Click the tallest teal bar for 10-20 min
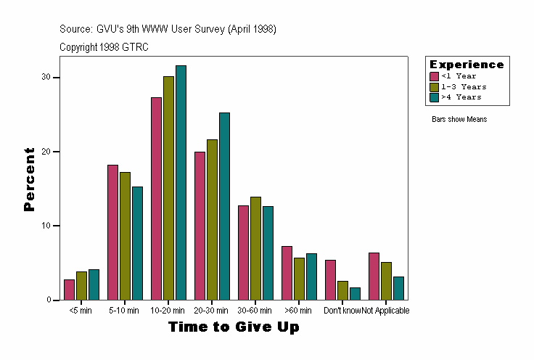(x=181, y=182)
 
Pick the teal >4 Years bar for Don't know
(x=355, y=294)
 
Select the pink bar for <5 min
(x=69, y=290)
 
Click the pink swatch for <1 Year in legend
(x=435, y=76)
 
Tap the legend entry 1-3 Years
(x=464, y=86)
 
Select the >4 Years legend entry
(x=461, y=97)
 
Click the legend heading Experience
(x=467, y=65)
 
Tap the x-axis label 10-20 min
(x=168, y=311)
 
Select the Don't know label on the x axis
(x=342, y=311)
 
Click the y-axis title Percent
(x=29, y=179)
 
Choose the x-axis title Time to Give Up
(x=234, y=327)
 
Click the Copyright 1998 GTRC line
(x=104, y=47)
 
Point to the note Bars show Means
(x=459, y=119)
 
